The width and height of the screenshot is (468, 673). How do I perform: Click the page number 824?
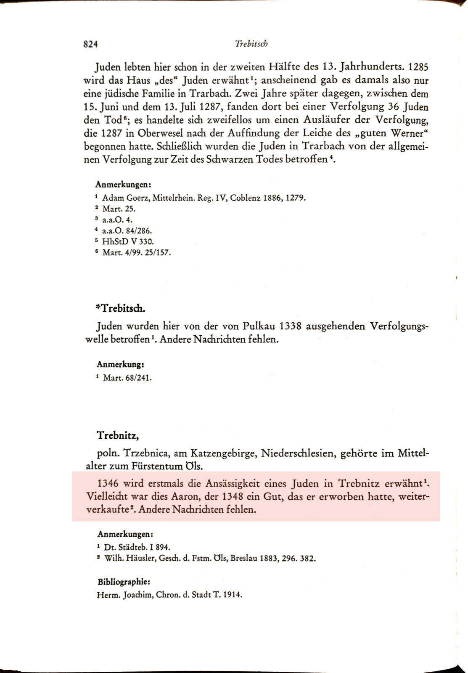tap(90, 44)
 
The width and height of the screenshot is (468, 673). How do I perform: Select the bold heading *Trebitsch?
tap(121, 308)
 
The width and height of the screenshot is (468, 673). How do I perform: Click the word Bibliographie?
tap(124, 582)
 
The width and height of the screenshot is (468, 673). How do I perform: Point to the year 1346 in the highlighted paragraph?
tap(107, 483)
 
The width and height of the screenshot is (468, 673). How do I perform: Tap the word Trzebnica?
tap(146, 453)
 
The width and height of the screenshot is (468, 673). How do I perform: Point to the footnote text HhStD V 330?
tap(128, 241)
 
